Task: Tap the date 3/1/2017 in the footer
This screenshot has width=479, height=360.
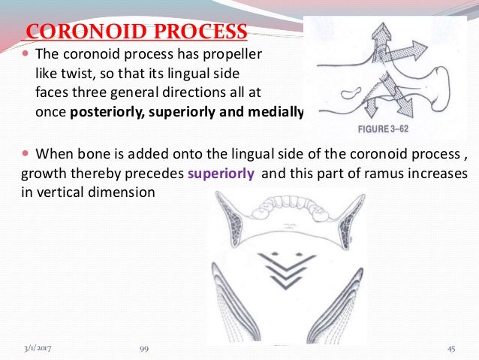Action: point(38,349)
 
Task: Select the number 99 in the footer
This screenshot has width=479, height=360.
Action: point(145,349)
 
